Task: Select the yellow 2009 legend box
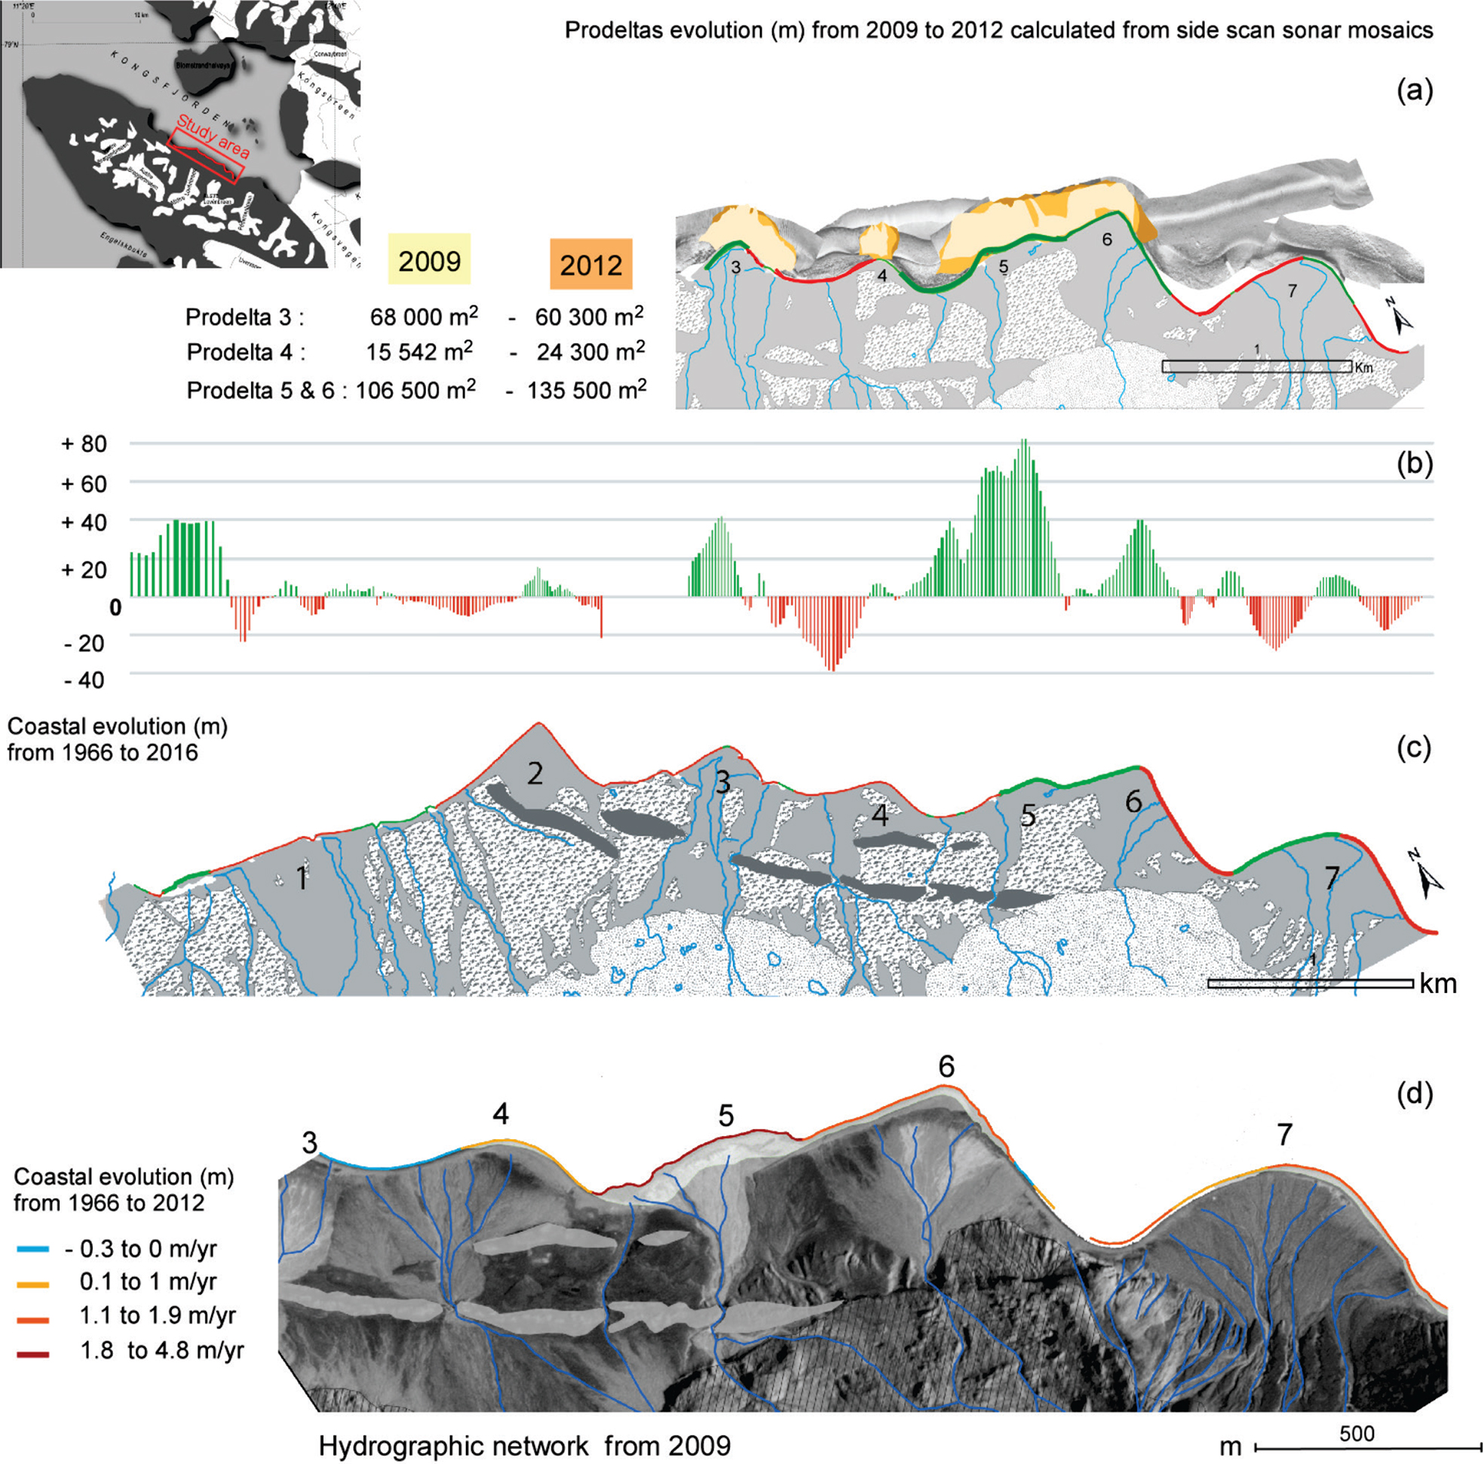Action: click(x=429, y=261)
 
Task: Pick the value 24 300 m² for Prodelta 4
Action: click(x=590, y=352)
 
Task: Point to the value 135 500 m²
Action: click(x=586, y=391)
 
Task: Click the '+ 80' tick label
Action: click(x=84, y=444)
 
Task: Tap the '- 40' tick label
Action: click(x=84, y=680)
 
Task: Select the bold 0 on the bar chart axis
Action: click(x=115, y=608)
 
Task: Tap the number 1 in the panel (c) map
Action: click(x=302, y=878)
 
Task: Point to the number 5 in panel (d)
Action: click(x=726, y=1115)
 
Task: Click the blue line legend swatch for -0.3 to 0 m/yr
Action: click(x=33, y=1250)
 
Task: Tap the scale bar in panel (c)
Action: click(x=1310, y=983)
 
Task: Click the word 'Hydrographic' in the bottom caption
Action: click(x=390, y=1447)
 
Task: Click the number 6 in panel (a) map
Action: click(x=1106, y=240)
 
